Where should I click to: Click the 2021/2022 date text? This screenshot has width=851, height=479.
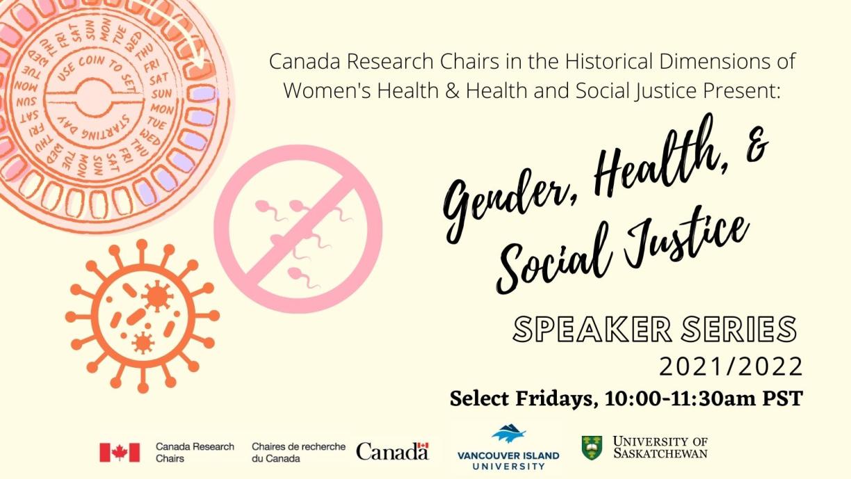731,366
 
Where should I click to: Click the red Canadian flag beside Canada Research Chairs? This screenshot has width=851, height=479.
120,453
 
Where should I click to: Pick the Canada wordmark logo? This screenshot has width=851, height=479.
392,451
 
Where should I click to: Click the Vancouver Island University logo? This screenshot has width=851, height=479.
508,449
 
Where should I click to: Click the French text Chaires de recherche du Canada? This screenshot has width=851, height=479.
298,453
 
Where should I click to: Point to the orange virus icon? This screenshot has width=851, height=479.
143,316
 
